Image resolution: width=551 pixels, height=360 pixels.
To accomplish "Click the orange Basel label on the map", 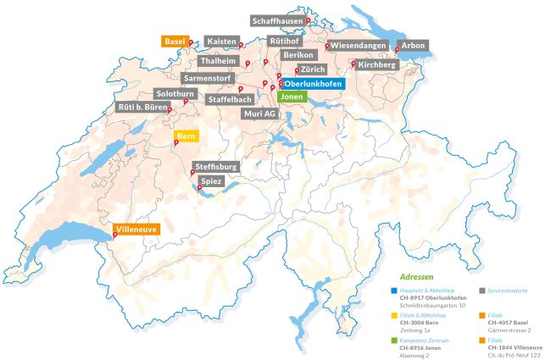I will click(x=175, y=41).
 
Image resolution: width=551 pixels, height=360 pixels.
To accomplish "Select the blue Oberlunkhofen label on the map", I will click(x=314, y=84).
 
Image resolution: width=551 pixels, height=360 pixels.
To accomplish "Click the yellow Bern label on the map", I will click(x=186, y=135).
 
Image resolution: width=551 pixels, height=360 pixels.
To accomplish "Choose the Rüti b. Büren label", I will click(x=142, y=108).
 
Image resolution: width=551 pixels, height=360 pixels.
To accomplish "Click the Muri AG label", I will click(x=259, y=113).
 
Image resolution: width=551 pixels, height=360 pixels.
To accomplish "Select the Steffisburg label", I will click(x=215, y=167).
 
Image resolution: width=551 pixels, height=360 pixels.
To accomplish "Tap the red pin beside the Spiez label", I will click(x=199, y=188).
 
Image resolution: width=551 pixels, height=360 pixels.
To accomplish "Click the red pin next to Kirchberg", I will click(x=353, y=62).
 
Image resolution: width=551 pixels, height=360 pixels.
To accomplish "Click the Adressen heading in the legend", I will click(x=416, y=277).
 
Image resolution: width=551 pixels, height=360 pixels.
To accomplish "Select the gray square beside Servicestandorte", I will click(x=481, y=291).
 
